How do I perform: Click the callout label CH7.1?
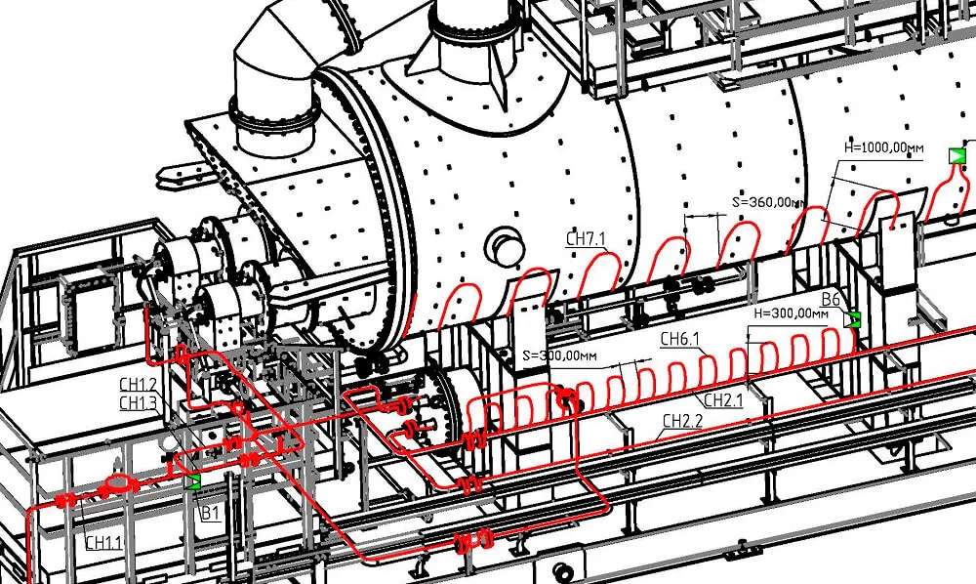click(586, 238)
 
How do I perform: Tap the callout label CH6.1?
click(679, 339)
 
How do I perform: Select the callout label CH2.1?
click(723, 399)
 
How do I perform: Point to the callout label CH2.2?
click(682, 421)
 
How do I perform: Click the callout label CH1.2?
click(139, 384)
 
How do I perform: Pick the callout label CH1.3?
click(139, 402)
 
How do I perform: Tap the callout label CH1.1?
click(104, 542)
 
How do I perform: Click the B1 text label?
click(211, 513)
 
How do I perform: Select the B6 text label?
click(832, 299)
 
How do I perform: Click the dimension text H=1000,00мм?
click(884, 148)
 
